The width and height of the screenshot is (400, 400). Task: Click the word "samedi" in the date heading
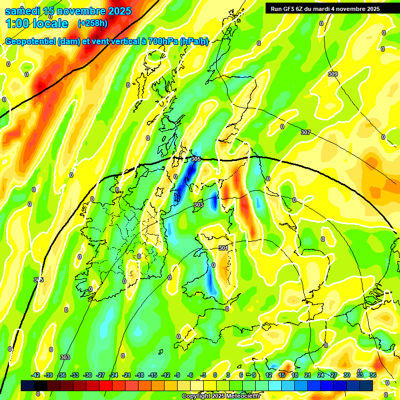point(24,11)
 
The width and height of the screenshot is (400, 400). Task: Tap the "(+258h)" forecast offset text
point(92,23)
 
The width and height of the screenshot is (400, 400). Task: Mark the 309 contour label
point(333,74)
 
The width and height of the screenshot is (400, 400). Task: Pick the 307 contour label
point(306,132)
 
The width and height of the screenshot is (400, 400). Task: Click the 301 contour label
point(223,248)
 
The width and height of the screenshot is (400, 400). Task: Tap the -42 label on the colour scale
point(36,375)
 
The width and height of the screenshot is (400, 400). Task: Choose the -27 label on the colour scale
point(101,375)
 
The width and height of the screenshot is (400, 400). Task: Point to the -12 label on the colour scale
point(166,375)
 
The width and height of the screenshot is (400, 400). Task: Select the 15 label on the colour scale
point(282,375)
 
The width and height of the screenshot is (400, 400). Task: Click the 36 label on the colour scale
point(373,375)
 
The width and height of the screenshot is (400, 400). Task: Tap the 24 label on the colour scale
point(321,375)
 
